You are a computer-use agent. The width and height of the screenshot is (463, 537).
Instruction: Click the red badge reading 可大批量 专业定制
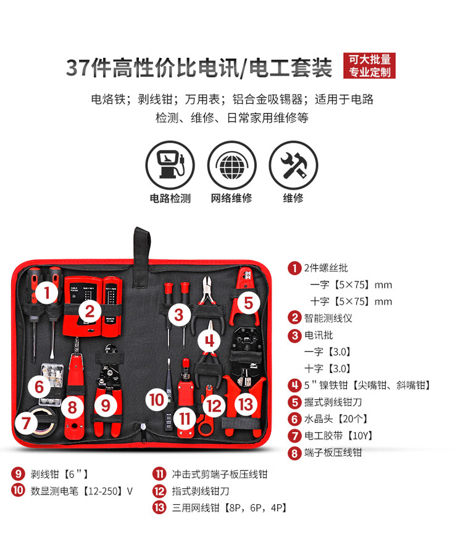pyautogui.click(x=369, y=66)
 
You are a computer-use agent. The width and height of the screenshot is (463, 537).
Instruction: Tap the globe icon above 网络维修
pyautogui.click(x=232, y=165)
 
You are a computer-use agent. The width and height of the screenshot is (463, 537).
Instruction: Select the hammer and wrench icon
pyautogui.click(x=293, y=165)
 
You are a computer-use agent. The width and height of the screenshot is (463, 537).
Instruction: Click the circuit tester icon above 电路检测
pyautogui.click(x=170, y=165)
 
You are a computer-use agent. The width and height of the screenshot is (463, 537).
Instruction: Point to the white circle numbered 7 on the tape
pyautogui.click(x=27, y=423)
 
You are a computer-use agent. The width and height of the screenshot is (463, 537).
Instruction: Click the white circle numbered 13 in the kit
pyautogui.click(x=246, y=404)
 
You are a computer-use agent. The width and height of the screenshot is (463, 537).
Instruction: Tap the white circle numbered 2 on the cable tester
pyautogui.click(x=90, y=312)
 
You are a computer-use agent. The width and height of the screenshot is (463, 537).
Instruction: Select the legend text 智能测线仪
pyautogui.click(x=328, y=318)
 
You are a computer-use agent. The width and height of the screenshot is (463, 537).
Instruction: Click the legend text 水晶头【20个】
pyautogui.click(x=336, y=419)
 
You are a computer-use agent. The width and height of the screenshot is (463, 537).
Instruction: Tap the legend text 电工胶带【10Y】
pyautogui.click(x=338, y=436)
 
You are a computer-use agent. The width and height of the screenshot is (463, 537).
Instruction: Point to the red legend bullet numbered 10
pyautogui.click(x=18, y=491)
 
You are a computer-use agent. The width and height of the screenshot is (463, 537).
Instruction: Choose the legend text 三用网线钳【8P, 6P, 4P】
pyautogui.click(x=229, y=507)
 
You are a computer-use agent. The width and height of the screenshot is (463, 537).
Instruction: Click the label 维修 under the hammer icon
pyautogui.click(x=293, y=198)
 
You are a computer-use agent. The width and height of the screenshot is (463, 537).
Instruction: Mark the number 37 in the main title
pyautogui.click(x=78, y=67)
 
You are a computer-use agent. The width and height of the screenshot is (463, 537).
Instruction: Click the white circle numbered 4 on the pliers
pyautogui.click(x=209, y=341)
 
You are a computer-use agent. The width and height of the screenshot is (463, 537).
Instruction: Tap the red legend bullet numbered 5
pyautogui.click(x=294, y=402)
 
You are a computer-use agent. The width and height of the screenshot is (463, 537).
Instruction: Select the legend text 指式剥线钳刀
pyautogui.click(x=201, y=491)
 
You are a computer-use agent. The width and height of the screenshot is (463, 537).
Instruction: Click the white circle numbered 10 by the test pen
pyautogui.click(x=157, y=400)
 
